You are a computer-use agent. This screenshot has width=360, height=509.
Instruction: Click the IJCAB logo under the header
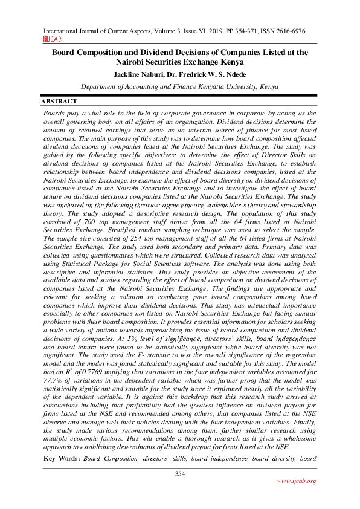(51, 38)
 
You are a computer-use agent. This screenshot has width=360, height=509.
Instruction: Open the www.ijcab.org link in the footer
(296, 481)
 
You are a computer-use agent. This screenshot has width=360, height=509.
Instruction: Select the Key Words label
(62, 460)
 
